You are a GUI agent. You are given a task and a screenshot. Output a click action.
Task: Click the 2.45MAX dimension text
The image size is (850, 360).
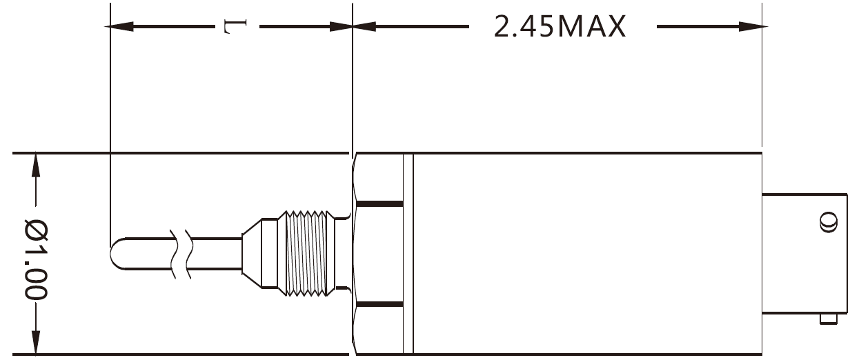coord(560,27)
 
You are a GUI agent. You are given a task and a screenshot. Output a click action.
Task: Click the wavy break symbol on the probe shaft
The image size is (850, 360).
coord(181,254)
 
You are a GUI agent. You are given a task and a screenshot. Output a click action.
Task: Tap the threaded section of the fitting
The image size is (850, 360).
coord(306,254)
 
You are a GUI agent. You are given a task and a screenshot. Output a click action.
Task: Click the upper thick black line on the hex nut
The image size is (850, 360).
coord(378,203)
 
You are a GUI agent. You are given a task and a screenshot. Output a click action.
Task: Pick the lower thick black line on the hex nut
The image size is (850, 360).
coord(378,304)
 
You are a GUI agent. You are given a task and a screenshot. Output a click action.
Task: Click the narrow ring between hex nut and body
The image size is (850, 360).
coord(408,254)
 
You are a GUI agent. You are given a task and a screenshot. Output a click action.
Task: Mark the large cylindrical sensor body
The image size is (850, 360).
coord(586,254)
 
